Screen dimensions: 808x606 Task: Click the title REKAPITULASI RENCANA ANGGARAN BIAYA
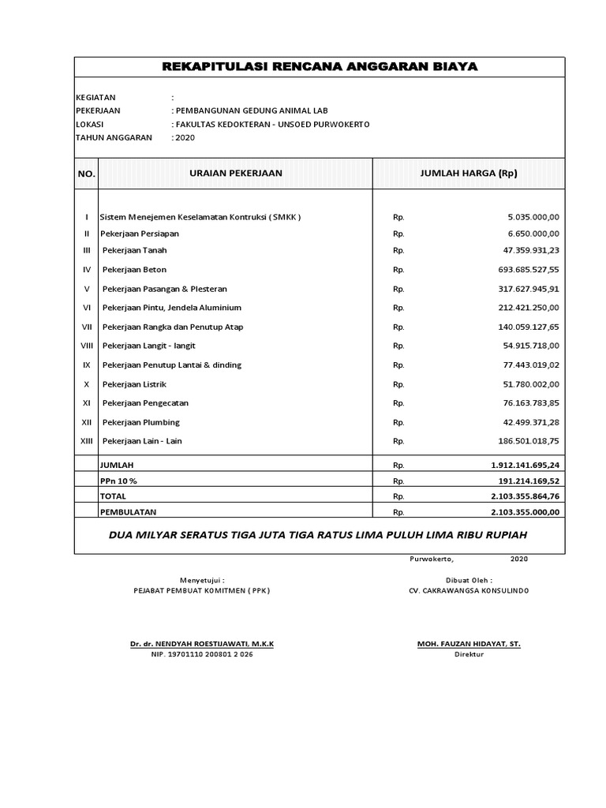pyautogui.click(x=320, y=67)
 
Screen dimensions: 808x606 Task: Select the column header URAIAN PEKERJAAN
pyautogui.click(x=235, y=173)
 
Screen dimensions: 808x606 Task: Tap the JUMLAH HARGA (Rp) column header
pyautogui.click(x=469, y=173)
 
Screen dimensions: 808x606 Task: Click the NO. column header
pyautogui.click(x=86, y=174)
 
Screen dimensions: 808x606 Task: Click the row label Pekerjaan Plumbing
pyautogui.click(x=141, y=422)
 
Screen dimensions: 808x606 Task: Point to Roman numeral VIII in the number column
pyautogui.click(x=86, y=346)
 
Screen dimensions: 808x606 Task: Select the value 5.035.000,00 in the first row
pyautogui.click(x=529, y=216)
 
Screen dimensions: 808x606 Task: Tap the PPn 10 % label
pyautogui.click(x=119, y=481)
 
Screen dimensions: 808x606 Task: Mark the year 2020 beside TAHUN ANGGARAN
pyautogui.click(x=184, y=137)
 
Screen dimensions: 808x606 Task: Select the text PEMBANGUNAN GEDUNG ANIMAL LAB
pyautogui.click(x=252, y=110)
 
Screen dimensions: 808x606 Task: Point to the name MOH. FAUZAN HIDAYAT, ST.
pyautogui.click(x=469, y=644)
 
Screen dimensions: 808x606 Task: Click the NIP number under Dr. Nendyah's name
pyautogui.click(x=202, y=655)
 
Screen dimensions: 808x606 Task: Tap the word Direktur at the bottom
pyautogui.click(x=469, y=655)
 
